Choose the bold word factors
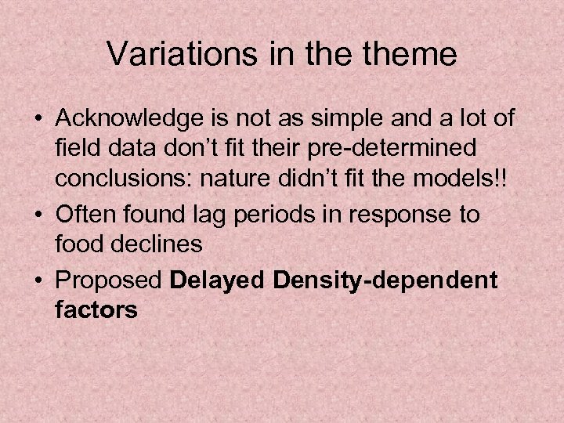pyautogui.click(x=96, y=309)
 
